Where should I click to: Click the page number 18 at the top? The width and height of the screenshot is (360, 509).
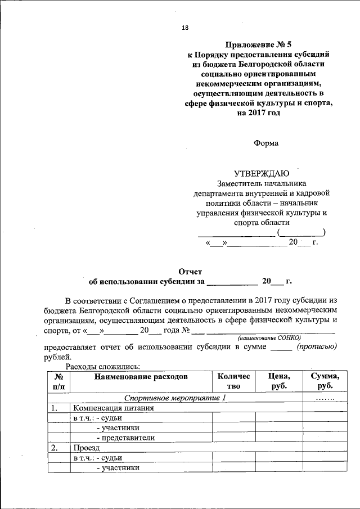[185, 28]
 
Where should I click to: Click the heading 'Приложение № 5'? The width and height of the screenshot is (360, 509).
[258, 44]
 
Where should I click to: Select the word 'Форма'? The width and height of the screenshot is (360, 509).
[265, 143]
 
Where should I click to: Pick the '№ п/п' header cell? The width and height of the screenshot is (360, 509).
[58, 381]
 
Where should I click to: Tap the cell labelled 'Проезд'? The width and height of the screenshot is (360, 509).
[85, 448]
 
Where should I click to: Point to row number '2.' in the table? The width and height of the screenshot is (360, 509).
[55, 448]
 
